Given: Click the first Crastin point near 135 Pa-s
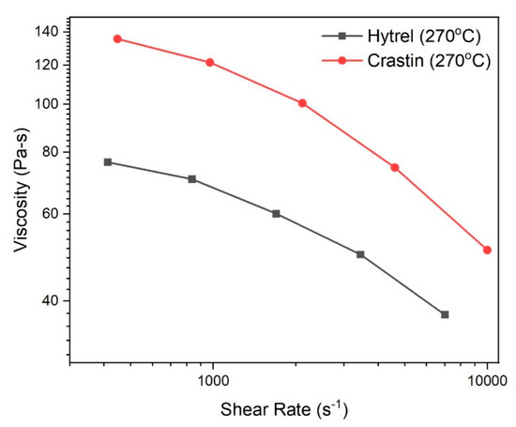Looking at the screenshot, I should (x=117, y=38).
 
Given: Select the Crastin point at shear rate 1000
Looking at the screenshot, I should (x=209, y=62).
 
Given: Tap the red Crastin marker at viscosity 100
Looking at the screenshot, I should (x=302, y=103).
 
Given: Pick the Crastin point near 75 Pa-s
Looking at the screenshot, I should (x=395, y=167).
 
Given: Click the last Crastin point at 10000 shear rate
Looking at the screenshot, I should (x=487, y=250).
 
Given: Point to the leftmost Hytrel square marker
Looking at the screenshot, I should (x=108, y=162).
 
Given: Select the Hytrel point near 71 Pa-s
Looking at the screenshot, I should (x=192, y=179).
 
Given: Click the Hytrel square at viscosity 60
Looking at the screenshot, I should (x=276, y=214).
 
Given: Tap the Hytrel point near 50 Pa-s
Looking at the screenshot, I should (x=360, y=254).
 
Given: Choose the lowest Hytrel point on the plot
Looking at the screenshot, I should (x=445, y=314).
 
